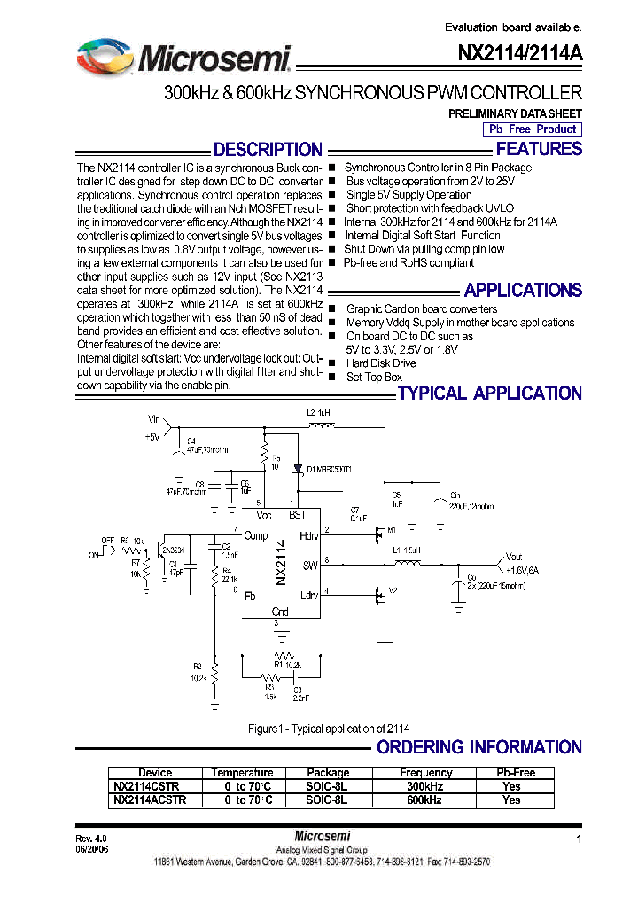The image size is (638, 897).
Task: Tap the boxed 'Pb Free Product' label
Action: tap(532, 129)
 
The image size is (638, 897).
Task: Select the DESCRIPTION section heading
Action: tap(268, 150)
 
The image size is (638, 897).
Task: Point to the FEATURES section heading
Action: tap(539, 149)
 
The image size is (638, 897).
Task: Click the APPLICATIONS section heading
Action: tap(523, 290)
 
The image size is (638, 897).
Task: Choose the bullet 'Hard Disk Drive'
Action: tap(380, 363)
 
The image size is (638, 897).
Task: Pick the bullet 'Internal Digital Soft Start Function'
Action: tap(422, 236)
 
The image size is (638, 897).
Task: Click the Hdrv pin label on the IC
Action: tap(309, 535)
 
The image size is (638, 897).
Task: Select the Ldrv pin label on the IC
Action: tap(309, 595)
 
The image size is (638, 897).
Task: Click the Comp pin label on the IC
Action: tap(256, 535)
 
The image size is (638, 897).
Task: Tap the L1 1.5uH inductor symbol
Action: tap(408, 562)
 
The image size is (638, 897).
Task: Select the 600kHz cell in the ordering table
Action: tap(425, 799)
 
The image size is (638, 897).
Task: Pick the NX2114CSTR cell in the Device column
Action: tap(147, 786)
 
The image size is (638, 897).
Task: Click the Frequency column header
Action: tap(425, 773)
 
